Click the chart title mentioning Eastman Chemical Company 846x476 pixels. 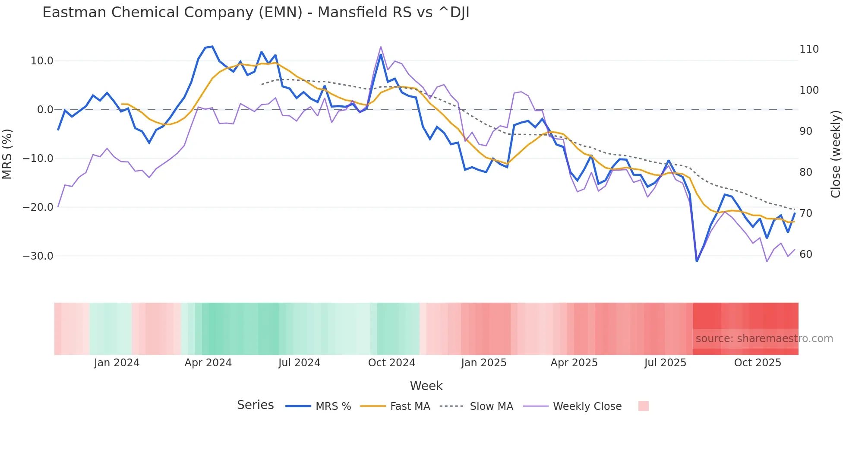click(x=256, y=13)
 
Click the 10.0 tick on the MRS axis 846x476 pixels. click(x=42, y=61)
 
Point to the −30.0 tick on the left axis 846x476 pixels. click(x=38, y=256)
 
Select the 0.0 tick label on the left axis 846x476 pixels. click(x=45, y=110)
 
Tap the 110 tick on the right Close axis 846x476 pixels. click(x=809, y=49)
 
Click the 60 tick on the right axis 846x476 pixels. click(x=806, y=254)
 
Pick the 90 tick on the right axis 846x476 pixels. click(x=806, y=131)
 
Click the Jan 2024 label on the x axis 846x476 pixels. click(x=117, y=363)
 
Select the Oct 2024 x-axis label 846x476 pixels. click(x=391, y=363)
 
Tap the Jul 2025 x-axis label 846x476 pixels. click(x=665, y=363)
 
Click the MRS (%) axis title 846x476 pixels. click(x=7, y=154)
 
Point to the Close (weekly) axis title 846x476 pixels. click(x=836, y=154)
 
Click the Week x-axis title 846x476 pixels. click(x=426, y=386)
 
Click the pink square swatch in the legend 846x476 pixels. click(x=643, y=406)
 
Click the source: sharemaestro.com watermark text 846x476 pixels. click(x=764, y=339)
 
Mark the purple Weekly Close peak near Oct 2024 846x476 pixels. click(x=381, y=47)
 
